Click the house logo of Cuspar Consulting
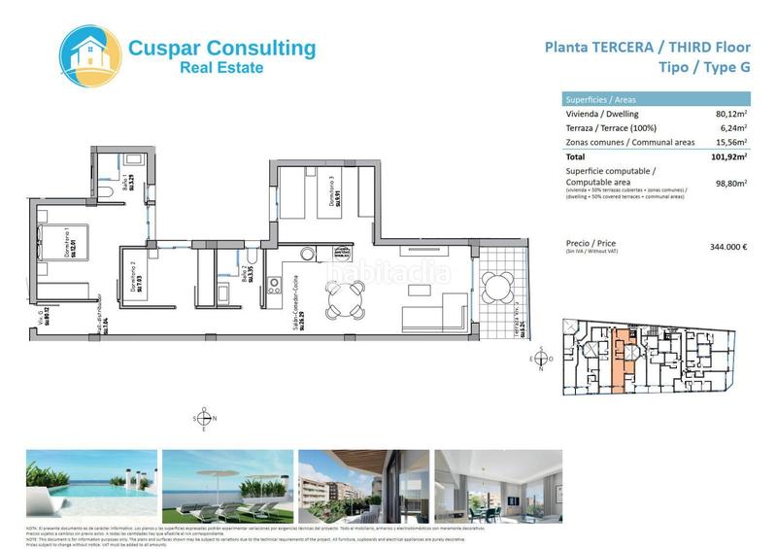92,56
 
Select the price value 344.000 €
728,247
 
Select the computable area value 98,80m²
730,182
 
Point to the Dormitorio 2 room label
135,280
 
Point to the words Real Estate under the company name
221,67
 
